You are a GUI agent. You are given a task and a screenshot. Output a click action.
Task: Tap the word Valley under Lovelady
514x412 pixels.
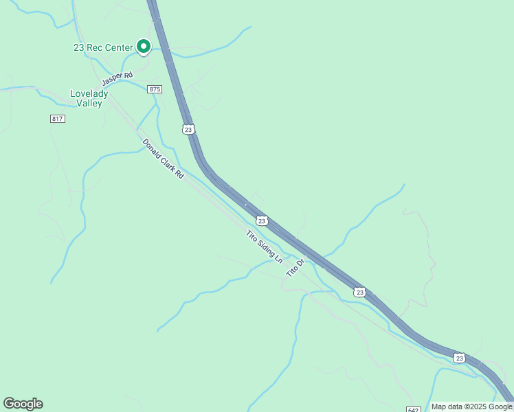tap(90, 104)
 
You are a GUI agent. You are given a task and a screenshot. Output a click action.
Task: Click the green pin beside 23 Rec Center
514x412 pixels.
tap(144, 46)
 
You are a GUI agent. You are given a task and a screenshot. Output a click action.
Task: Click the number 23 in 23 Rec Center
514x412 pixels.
tap(79, 47)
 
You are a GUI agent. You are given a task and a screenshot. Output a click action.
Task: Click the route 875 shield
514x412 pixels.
tap(155, 89)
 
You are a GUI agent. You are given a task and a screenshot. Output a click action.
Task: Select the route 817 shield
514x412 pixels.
tap(58, 119)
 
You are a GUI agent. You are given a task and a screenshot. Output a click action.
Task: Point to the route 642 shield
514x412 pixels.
tap(413, 409)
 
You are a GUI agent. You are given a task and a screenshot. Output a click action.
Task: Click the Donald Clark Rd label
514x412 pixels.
tap(164, 159)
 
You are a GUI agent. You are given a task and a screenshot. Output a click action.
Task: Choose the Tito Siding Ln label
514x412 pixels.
tap(265, 247)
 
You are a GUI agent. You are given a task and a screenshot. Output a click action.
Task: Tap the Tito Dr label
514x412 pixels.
tap(294, 268)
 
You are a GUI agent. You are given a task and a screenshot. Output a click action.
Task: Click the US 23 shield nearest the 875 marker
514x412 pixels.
tap(188, 128)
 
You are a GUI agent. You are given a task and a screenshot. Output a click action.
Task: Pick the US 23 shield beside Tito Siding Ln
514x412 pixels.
tap(261, 220)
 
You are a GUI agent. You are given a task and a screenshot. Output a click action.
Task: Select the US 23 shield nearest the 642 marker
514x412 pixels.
tap(458, 358)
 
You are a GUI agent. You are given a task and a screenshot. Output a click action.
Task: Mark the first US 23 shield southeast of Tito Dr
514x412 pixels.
tap(359, 292)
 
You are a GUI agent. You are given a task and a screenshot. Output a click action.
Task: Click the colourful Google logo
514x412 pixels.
tap(23, 404)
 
